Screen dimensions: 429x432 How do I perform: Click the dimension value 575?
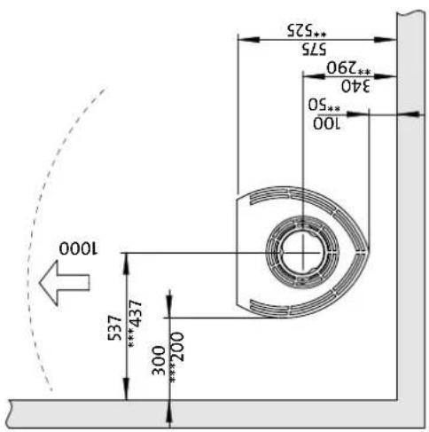(x=314, y=49)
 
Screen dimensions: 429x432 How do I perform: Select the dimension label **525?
(x=307, y=30)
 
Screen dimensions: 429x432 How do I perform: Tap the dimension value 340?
(x=355, y=86)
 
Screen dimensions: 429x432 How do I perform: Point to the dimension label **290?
(x=348, y=67)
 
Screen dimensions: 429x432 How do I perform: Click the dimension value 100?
(x=327, y=123)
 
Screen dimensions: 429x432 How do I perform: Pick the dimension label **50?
(x=324, y=105)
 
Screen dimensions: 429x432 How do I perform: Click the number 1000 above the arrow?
(x=78, y=248)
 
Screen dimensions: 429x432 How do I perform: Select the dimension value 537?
(x=114, y=328)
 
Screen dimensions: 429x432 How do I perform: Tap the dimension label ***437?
(x=136, y=323)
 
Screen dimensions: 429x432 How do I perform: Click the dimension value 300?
(x=159, y=361)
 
